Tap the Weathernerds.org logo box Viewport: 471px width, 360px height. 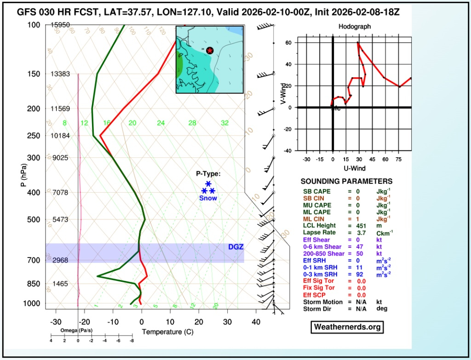point(347,327)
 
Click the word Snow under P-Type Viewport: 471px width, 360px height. point(208,198)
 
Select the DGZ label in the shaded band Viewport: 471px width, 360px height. point(235,247)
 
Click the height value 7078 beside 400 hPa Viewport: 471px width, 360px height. point(60,192)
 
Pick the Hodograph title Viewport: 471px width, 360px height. point(354,27)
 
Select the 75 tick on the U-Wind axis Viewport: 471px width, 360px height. point(399,160)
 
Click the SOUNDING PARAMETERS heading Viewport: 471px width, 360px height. point(346,182)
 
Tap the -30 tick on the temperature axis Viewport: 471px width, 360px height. point(55,322)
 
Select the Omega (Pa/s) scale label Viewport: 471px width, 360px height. point(74,331)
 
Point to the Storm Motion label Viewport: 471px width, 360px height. point(323,302)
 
